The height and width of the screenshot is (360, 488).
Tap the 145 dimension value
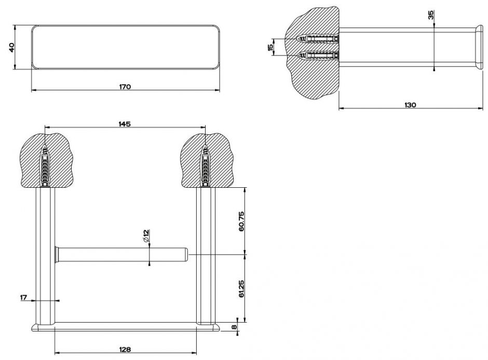pyautogui.click(x=124, y=123)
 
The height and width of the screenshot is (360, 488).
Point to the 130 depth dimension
pyautogui.click(x=410, y=105)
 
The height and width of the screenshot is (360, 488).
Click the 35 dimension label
pyautogui.click(x=431, y=15)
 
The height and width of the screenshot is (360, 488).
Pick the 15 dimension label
pyautogui.click(x=269, y=47)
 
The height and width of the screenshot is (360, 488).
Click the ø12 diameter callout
pyautogui.click(x=146, y=237)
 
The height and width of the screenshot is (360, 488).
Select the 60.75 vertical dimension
pyautogui.click(x=241, y=221)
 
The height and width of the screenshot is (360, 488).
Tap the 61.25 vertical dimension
pyautogui.click(x=241, y=288)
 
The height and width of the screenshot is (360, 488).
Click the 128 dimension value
pyautogui.click(x=125, y=349)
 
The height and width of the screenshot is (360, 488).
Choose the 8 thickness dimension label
pyautogui.click(x=234, y=327)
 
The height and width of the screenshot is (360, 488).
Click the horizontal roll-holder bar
pyautogui.click(x=122, y=255)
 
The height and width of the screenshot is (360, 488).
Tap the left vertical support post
pyautogui.click(x=44, y=254)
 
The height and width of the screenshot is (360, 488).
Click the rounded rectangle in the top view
pyautogui.click(x=124, y=46)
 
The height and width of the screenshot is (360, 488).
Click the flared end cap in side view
pyautogui.click(x=478, y=47)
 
